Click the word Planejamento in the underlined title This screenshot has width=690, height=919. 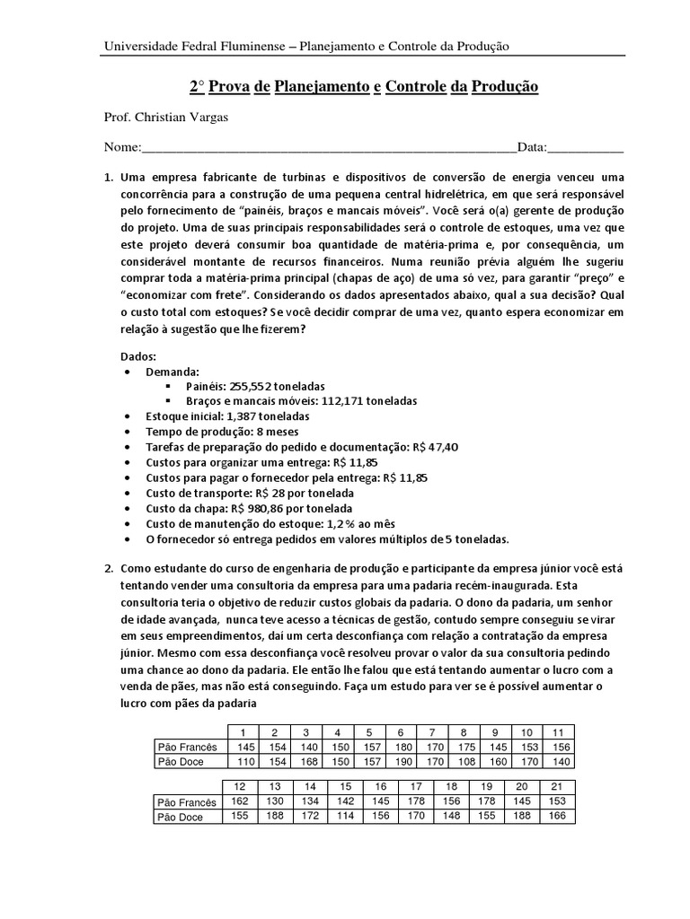point(321,87)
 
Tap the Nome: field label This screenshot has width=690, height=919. point(123,147)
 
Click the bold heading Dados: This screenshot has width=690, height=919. point(139,355)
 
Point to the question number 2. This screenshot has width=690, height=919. point(109,569)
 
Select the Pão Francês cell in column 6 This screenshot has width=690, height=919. point(401,747)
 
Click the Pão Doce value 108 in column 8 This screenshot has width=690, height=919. point(464,762)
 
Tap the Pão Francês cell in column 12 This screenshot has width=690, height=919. point(240,801)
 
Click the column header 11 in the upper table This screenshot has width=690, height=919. point(557,731)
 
